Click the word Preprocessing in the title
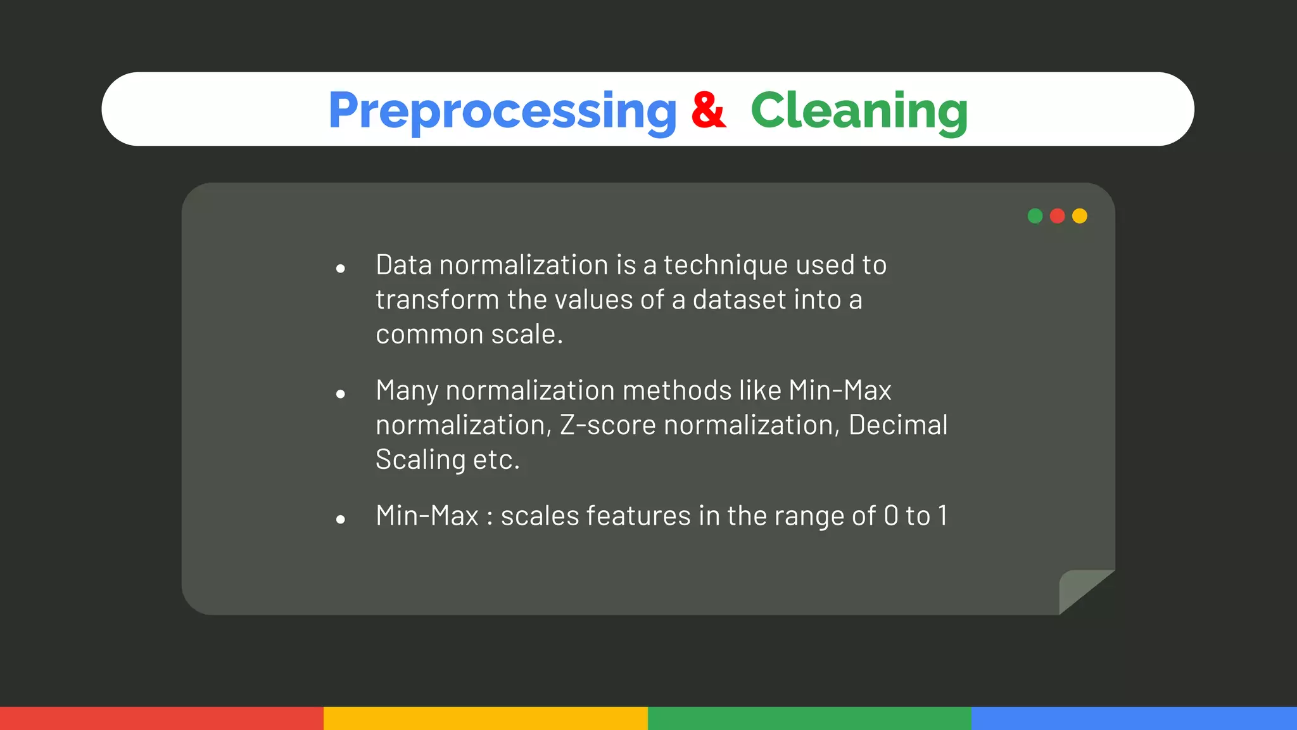pos(502,111)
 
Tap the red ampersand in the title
pos(708,110)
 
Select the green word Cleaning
pos(859,111)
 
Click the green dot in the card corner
pos(1035,216)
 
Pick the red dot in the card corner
pos(1057,216)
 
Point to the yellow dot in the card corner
pos(1080,216)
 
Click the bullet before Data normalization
pos(341,269)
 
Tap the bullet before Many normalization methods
pos(341,394)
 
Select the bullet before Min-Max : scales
pos(341,520)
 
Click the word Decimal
pos(897,425)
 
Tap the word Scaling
pos(420,460)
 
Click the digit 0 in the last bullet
pos(891,516)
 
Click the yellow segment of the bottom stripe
pos(485,718)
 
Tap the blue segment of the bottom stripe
pos(1134,718)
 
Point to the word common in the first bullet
pos(429,335)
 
